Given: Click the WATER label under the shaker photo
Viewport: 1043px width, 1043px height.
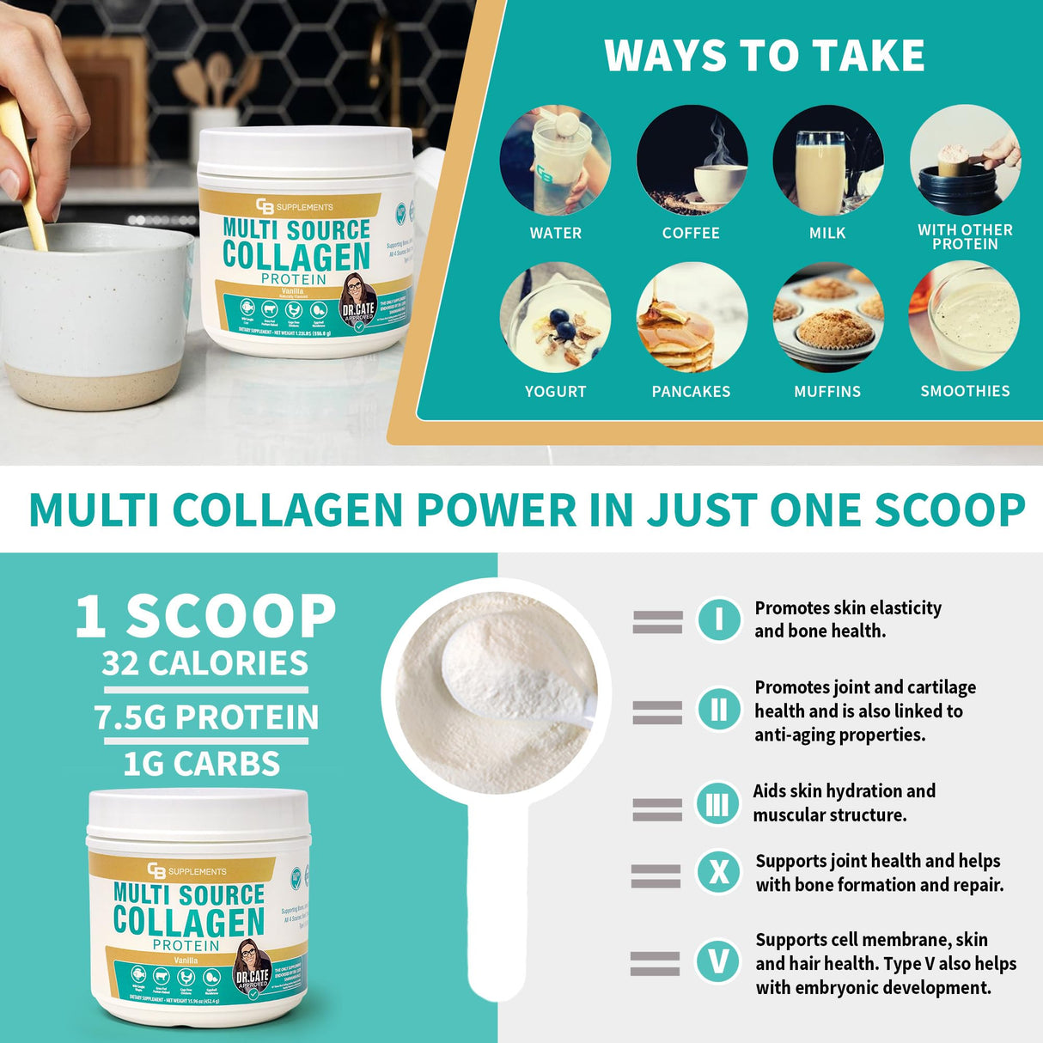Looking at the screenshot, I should [x=555, y=233].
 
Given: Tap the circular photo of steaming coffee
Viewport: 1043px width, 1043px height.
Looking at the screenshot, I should [x=692, y=160].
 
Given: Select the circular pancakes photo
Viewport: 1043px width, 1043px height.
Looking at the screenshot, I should [x=691, y=317].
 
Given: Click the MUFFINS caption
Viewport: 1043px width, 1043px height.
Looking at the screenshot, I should [x=826, y=392].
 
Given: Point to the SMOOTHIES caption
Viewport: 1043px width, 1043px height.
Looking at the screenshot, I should [x=965, y=391].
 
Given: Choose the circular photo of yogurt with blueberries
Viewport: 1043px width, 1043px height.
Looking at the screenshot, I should [x=555, y=317].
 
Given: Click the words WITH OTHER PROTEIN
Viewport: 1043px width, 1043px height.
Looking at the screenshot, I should [x=965, y=237].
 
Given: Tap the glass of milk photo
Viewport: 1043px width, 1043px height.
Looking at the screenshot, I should [x=827, y=160].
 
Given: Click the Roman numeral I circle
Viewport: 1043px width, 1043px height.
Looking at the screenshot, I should [x=718, y=619].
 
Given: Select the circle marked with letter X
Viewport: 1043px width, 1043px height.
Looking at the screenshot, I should [x=718, y=873].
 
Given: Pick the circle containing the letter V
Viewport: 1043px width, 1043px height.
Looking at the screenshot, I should [x=718, y=961].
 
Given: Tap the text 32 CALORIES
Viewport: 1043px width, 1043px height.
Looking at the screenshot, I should [x=204, y=663].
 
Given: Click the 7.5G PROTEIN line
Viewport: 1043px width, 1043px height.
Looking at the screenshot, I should [x=206, y=717].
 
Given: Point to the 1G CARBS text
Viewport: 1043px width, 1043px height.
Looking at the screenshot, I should [x=201, y=764].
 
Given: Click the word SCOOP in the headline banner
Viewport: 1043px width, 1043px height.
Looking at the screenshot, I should [x=949, y=509].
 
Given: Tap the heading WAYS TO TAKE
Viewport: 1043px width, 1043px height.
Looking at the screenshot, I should [x=764, y=56].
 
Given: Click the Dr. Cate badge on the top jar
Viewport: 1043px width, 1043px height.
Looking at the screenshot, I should [x=358, y=299].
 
